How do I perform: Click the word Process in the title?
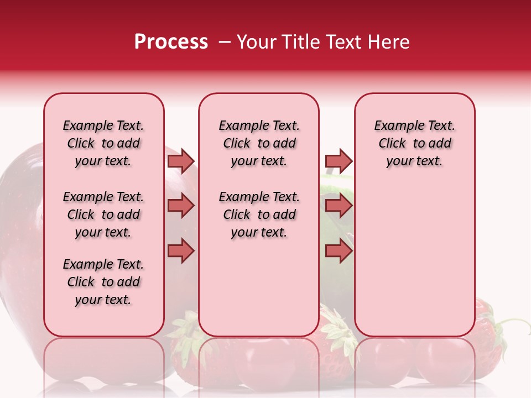pos(171,42)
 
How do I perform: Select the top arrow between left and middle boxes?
pos(181,161)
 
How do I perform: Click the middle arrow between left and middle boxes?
pos(181,206)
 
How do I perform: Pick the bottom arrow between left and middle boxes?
pos(181,251)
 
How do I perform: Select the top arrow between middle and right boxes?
pos(339,161)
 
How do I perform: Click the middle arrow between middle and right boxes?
pos(339,206)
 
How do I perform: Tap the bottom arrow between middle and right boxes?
pos(339,251)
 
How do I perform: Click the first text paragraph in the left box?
pos(103,143)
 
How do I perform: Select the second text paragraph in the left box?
pos(103,214)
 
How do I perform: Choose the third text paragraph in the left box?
pos(103,282)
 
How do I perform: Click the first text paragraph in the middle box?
pos(259,143)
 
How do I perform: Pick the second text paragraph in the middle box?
pos(259,214)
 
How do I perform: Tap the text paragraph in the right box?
pos(414,143)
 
